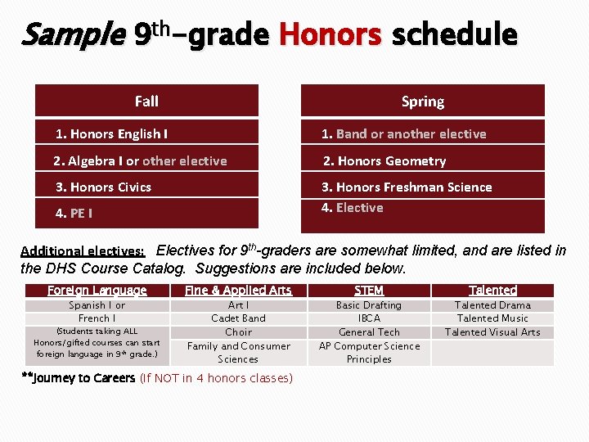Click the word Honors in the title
pos(330,35)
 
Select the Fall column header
pos(146,101)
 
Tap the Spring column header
pos(422,101)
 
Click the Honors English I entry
pos(111,133)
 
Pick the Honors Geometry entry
pos(384,160)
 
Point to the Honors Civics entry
pos(103,187)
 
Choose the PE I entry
pos(74,213)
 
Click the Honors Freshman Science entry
pos(406,187)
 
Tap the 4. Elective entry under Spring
pos(352,207)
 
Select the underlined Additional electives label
pos(83,251)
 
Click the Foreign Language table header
pos(97,290)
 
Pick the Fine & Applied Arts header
pos(238,290)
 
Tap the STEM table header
pos(369,290)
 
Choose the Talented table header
pos(492,290)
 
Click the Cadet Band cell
pos(238,318)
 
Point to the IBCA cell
pos(369,318)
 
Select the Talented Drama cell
pos(492,305)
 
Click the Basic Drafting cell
pos(369,305)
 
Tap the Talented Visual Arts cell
pos(492,331)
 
